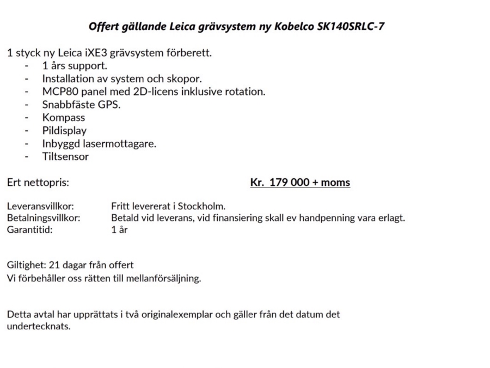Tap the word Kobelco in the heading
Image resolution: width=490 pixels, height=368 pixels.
[293, 26]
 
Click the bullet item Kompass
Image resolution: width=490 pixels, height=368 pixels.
[64, 118]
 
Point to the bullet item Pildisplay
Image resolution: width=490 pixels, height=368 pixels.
[64, 131]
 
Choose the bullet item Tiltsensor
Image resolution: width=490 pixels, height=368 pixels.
[65, 157]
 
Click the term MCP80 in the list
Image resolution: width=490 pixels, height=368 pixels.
[57, 92]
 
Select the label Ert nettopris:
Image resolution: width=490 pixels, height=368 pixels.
[38, 183]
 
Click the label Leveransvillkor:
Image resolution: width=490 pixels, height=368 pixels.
[40, 207]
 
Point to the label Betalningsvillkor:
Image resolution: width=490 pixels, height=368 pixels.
[44, 218]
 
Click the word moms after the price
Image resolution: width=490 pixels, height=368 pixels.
[336, 183]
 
